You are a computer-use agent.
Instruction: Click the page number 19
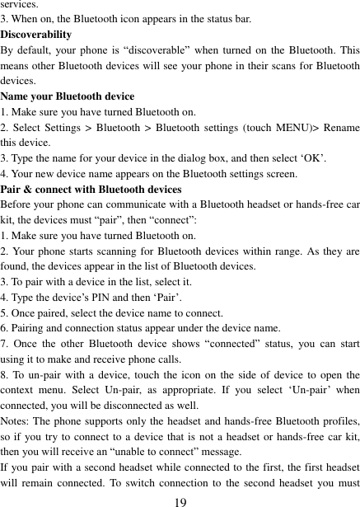[180, 500]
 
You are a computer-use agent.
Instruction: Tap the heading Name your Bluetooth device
[68, 96]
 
